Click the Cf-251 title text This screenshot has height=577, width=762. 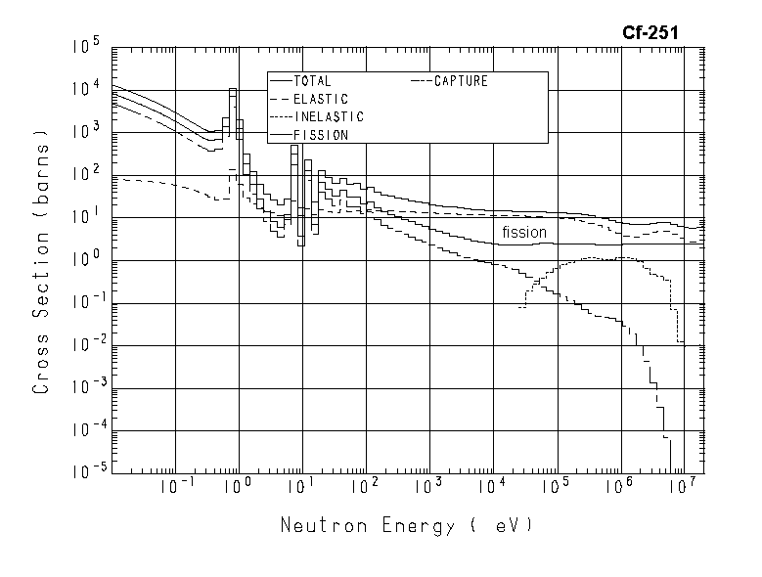click(650, 33)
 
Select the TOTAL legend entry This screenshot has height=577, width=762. click(312, 82)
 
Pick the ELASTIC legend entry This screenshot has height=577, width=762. click(320, 100)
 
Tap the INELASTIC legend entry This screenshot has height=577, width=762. click(328, 117)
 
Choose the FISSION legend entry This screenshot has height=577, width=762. click(320, 135)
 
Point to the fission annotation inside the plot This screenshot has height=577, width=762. click(524, 233)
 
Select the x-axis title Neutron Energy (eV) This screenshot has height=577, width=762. click(406, 526)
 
